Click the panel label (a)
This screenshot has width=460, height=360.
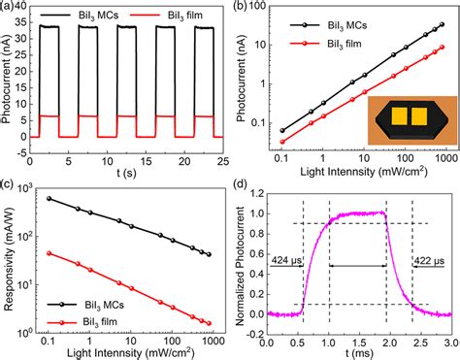coord(9,7)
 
